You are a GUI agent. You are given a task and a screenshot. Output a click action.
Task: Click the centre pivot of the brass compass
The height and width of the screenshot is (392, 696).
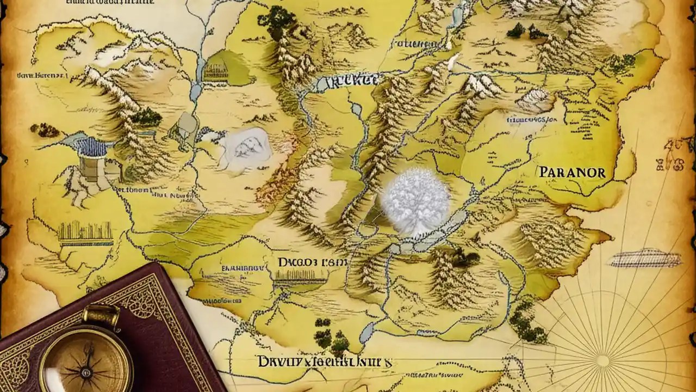(85, 372)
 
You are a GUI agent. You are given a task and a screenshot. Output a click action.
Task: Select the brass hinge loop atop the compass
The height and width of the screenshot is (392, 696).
(101, 315)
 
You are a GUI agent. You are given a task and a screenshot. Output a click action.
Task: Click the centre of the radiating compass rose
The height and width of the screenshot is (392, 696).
(602, 360)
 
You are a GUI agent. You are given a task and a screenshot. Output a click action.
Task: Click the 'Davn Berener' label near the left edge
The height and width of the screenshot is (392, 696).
(34, 77)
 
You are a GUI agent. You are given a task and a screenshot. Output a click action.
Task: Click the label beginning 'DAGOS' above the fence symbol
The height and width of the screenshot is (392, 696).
(312, 262)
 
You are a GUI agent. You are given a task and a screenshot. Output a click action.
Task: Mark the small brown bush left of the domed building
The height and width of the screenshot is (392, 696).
(45, 130)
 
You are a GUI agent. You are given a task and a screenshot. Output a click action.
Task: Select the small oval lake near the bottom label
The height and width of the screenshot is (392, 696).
(366, 331)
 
